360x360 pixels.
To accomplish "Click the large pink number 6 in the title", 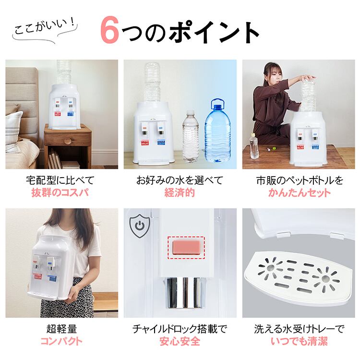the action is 109,30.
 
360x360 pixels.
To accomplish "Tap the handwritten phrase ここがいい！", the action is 45,27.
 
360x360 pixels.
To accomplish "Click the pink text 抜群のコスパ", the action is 60,192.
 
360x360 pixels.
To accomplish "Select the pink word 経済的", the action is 180,192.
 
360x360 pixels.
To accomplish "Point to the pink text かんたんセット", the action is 300,192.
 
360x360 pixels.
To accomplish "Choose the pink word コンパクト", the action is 61,341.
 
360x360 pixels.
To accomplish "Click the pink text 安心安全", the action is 180,341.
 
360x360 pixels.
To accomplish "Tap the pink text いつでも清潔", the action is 299,341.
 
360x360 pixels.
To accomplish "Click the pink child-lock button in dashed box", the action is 186,248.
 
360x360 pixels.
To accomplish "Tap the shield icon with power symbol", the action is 140,227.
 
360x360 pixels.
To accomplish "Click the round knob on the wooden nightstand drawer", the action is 68,141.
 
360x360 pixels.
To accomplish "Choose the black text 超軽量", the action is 61,329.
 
